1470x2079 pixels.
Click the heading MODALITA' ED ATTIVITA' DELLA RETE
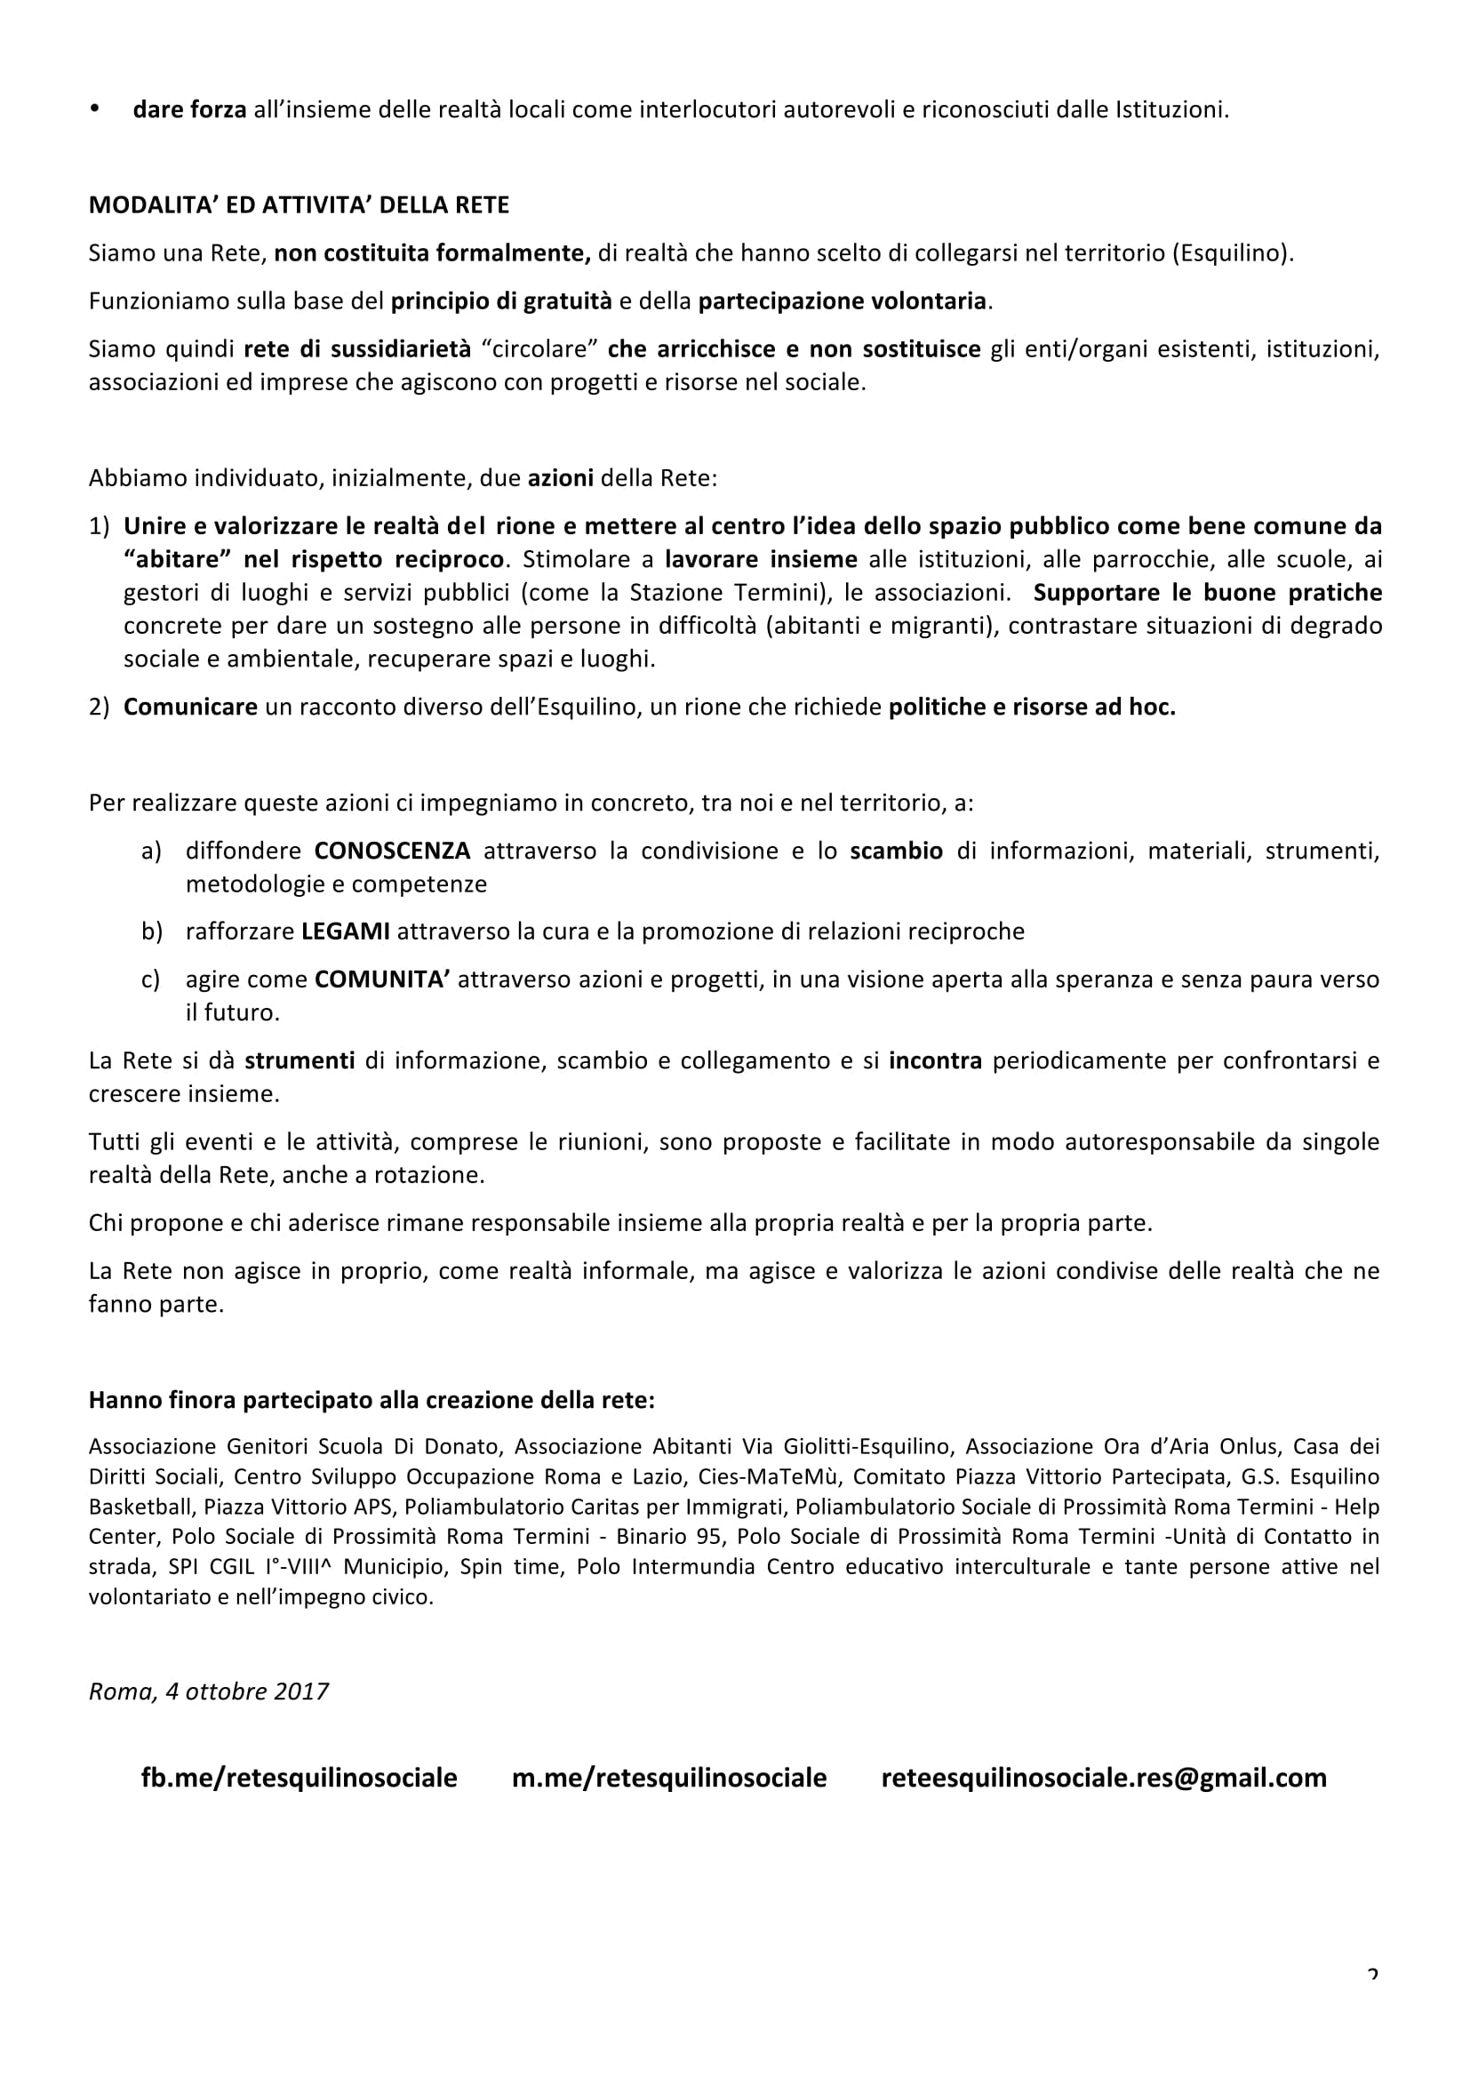point(299,205)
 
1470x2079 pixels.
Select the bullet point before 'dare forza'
point(94,108)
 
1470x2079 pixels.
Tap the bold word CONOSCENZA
point(392,852)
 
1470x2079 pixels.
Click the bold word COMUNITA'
point(382,980)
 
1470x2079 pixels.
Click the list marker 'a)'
point(151,852)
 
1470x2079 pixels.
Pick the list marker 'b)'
point(151,932)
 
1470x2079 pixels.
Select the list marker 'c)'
point(150,980)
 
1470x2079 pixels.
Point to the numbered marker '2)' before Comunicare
point(99,708)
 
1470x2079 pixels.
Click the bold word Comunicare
point(190,708)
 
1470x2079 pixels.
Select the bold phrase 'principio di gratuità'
point(501,301)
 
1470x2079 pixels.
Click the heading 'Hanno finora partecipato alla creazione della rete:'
point(371,1401)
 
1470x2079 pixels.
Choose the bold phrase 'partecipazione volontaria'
point(842,301)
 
